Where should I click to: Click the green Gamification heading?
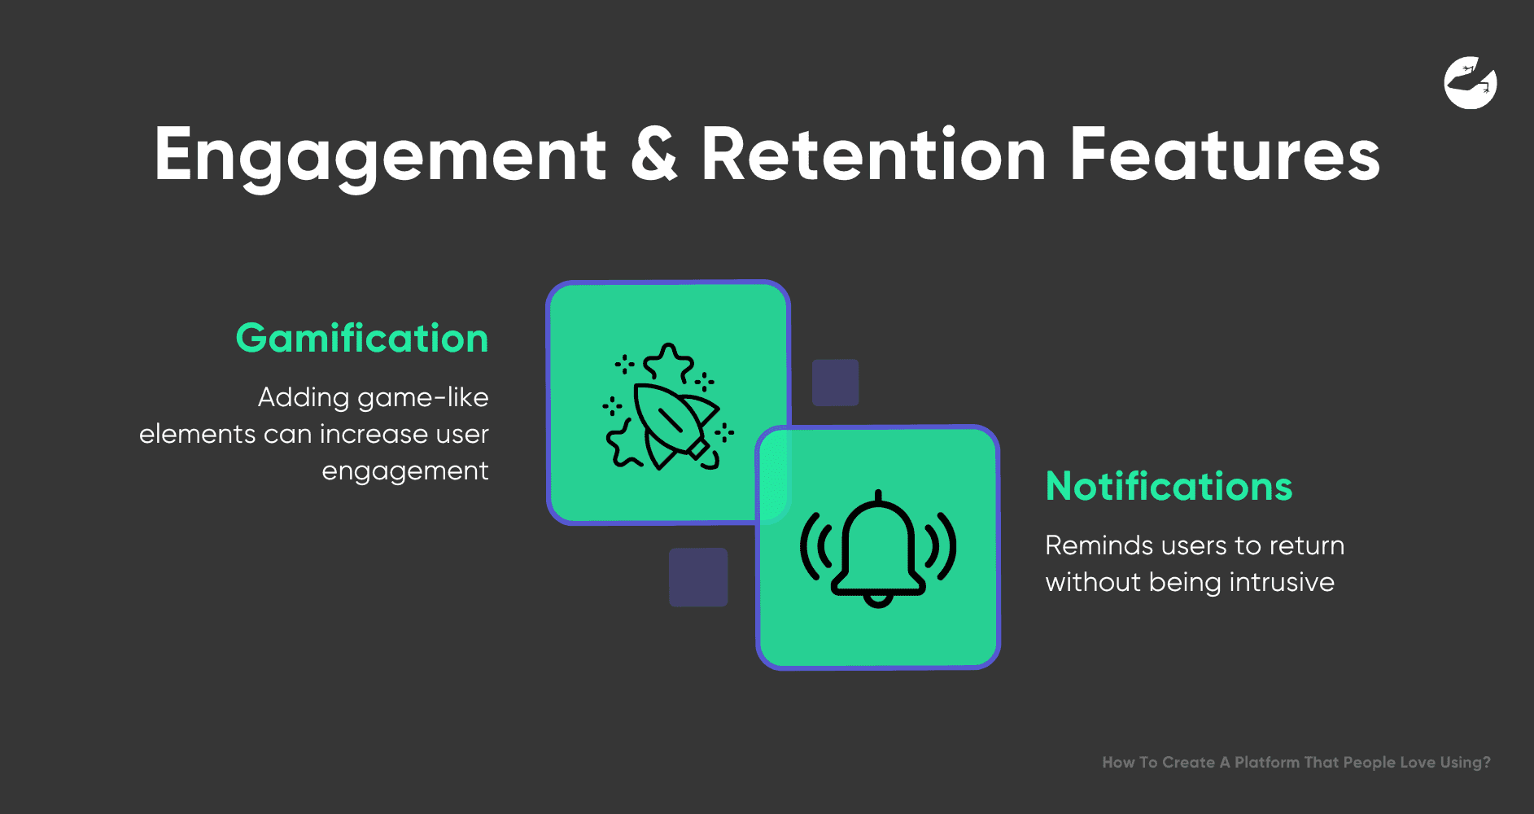(x=362, y=338)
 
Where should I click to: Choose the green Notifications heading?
(x=1169, y=486)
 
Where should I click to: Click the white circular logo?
(x=1471, y=82)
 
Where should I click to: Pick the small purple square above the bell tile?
(x=836, y=383)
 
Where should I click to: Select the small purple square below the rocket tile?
(x=698, y=577)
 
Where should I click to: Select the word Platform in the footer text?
(x=1267, y=763)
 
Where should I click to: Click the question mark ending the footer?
(x=1486, y=763)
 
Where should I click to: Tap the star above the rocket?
(x=669, y=363)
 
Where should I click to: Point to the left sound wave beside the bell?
(x=815, y=545)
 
